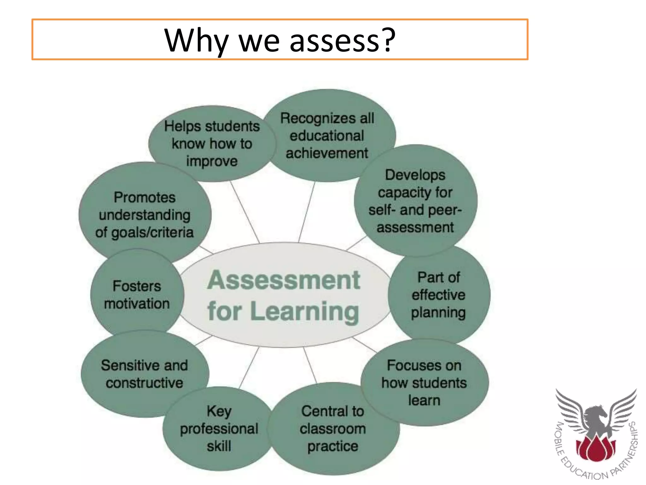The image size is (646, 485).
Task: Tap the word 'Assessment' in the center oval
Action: point(284,280)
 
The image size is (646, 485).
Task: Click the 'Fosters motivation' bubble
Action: point(137,295)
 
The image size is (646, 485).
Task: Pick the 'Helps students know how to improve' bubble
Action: point(212,144)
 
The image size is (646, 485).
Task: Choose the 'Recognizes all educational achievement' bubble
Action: point(327,136)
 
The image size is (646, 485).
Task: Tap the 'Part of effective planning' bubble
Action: point(438,295)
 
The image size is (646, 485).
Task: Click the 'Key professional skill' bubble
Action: point(219,428)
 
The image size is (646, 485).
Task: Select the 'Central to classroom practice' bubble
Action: point(333,428)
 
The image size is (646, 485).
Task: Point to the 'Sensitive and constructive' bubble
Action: point(144,374)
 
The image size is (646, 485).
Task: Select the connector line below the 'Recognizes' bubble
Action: point(307,212)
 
